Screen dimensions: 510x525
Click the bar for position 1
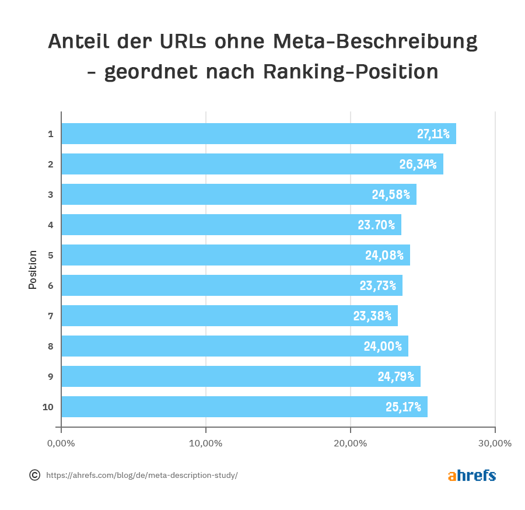[x=258, y=134]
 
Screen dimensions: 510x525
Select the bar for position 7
[x=229, y=316]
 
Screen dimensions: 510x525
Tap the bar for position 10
[x=244, y=407]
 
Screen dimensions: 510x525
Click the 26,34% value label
[x=418, y=165]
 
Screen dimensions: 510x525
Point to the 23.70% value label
[x=376, y=225]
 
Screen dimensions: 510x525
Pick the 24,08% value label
[x=384, y=255]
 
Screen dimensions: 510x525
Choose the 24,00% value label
[x=383, y=346]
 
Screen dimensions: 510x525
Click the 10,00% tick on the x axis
[x=206, y=443]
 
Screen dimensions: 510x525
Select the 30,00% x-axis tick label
[x=495, y=443]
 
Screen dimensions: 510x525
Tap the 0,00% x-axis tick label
[x=61, y=443]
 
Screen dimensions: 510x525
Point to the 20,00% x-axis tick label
[x=351, y=443]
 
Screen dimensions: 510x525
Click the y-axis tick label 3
[x=51, y=194]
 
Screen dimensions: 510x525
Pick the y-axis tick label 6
[x=51, y=285]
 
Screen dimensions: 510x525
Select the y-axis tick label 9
[x=51, y=376]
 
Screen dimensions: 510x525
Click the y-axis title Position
[x=33, y=270]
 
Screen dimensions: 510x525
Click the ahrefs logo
[x=472, y=476]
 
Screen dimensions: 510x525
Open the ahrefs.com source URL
[x=142, y=476]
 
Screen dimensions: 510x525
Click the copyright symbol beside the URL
[x=35, y=475]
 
